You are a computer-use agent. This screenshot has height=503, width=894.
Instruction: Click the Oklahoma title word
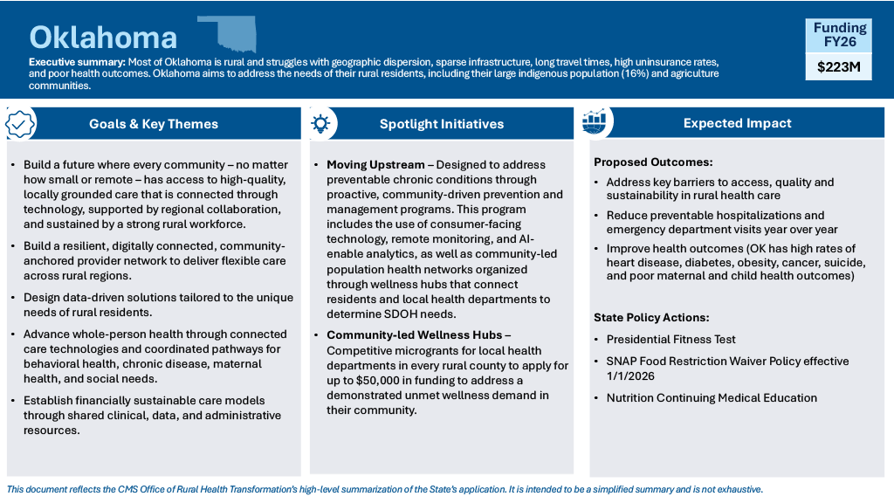(x=103, y=37)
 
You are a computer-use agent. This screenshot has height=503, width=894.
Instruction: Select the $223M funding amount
(x=839, y=66)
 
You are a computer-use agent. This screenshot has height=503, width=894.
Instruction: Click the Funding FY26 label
(x=839, y=34)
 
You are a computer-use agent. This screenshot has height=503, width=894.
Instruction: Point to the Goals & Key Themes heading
(x=154, y=124)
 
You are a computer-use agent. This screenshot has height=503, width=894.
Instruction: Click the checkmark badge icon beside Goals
(x=21, y=124)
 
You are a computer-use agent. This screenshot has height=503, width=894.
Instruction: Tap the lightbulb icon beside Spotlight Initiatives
(x=320, y=123)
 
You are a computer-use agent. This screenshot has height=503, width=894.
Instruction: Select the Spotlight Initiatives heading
(x=441, y=124)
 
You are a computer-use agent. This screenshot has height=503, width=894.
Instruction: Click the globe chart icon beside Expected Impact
(x=594, y=123)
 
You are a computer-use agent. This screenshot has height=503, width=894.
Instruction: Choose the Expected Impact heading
(x=737, y=123)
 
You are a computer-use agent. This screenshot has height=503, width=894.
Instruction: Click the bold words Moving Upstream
(x=376, y=165)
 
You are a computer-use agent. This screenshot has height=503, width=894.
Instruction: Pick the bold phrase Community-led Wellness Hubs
(x=415, y=335)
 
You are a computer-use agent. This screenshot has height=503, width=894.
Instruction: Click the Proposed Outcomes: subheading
(x=653, y=162)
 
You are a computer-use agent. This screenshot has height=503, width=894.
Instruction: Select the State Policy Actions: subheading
(x=650, y=318)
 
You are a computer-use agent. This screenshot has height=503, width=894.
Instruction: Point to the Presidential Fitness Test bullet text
(x=671, y=340)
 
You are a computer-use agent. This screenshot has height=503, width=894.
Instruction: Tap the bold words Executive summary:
(x=77, y=63)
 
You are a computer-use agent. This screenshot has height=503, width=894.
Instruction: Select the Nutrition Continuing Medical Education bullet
(x=712, y=398)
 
